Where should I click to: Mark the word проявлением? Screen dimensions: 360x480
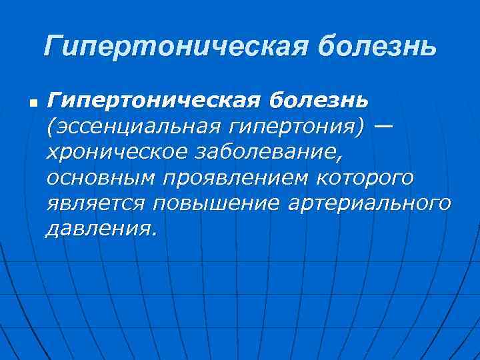pyautogui.click(x=229, y=178)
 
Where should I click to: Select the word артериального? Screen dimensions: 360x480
pyautogui.click(x=369, y=203)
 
